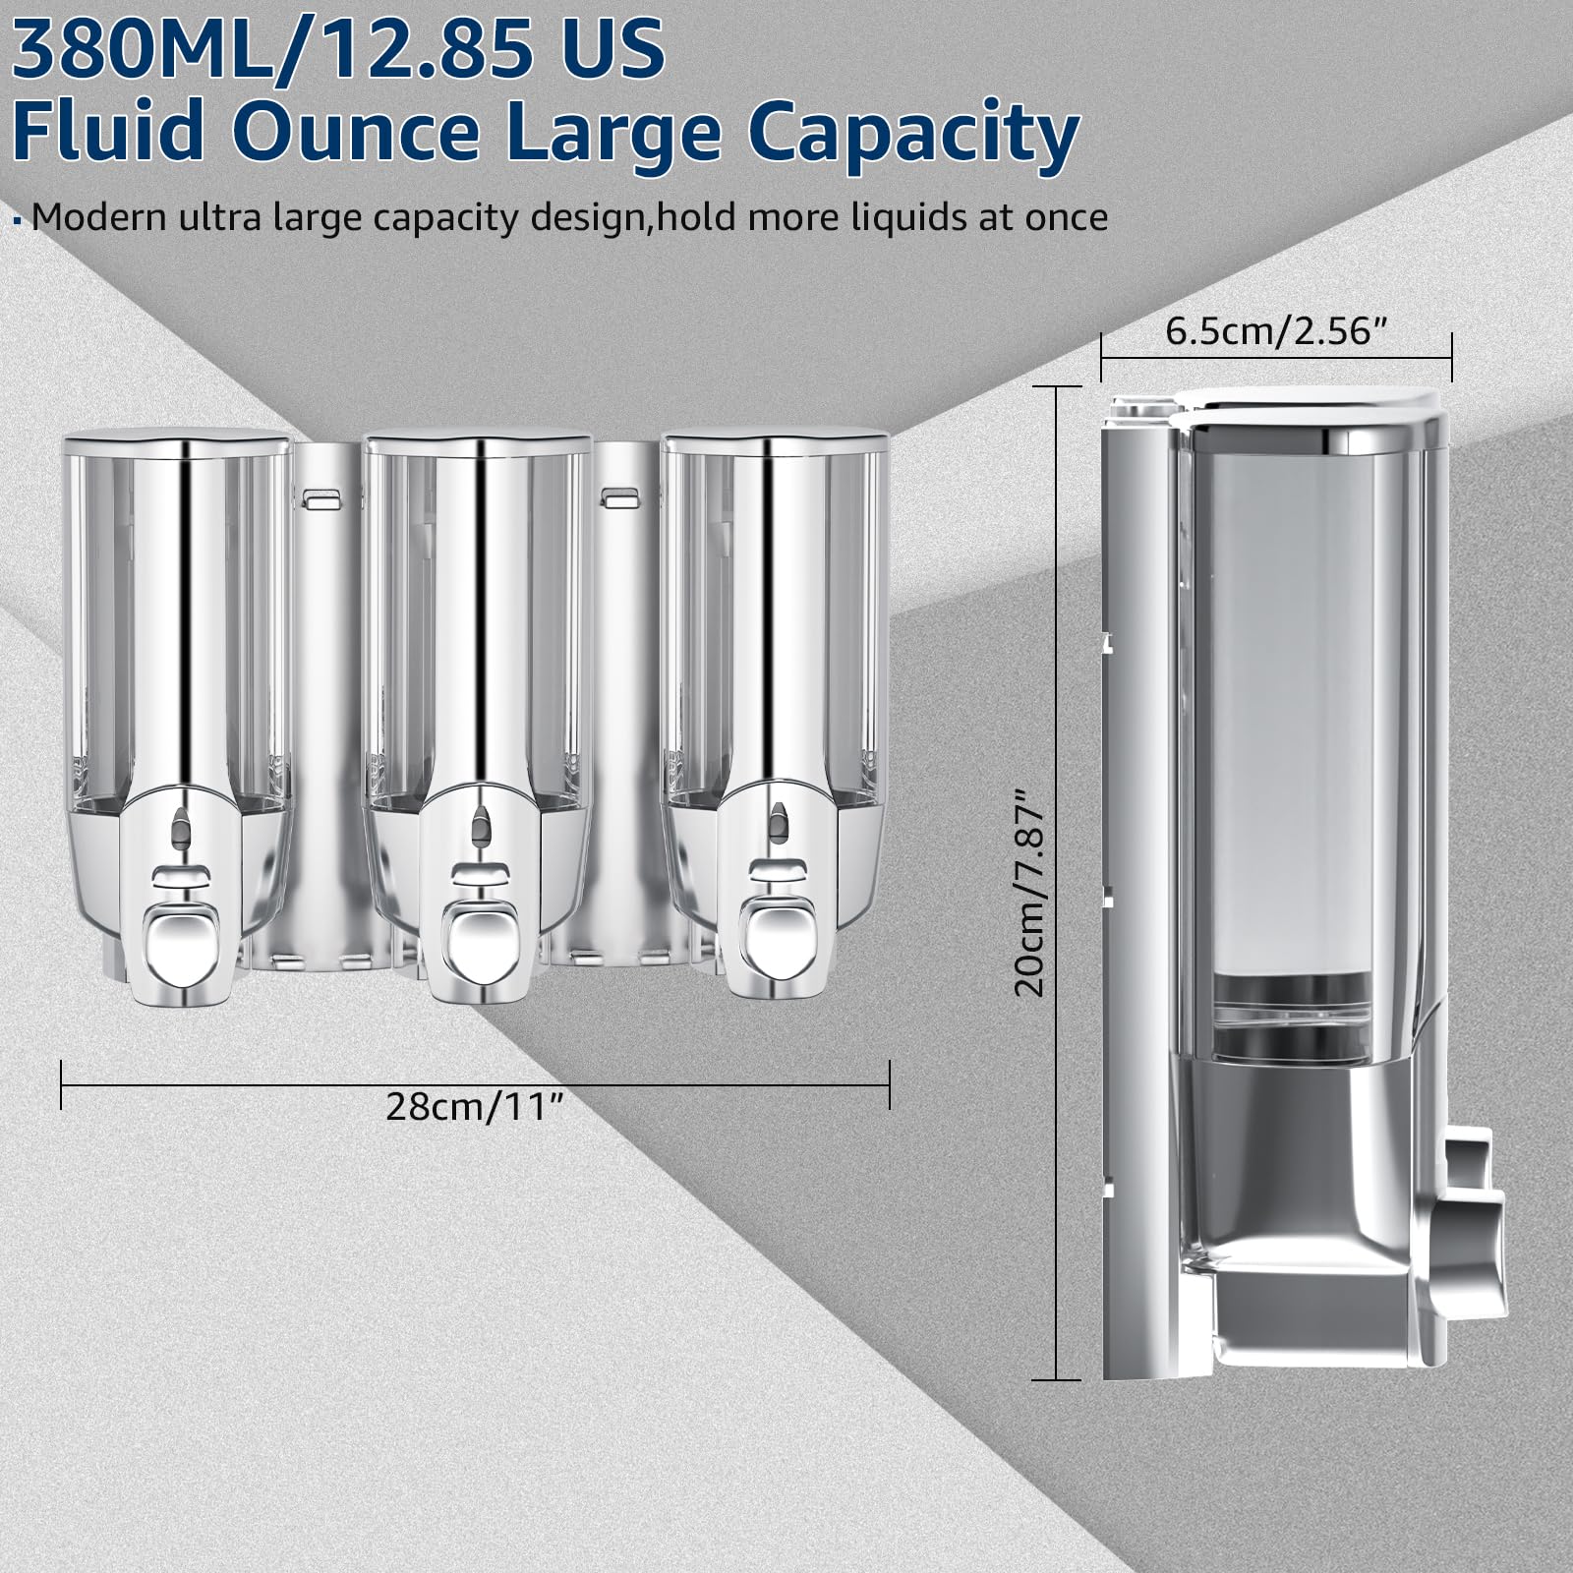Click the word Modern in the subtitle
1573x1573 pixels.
(99, 217)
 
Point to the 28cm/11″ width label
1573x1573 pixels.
(475, 1107)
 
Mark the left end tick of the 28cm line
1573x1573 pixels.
(62, 1084)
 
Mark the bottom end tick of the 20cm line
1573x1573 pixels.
(1056, 1379)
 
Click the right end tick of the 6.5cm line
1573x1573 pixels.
(1451, 356)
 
